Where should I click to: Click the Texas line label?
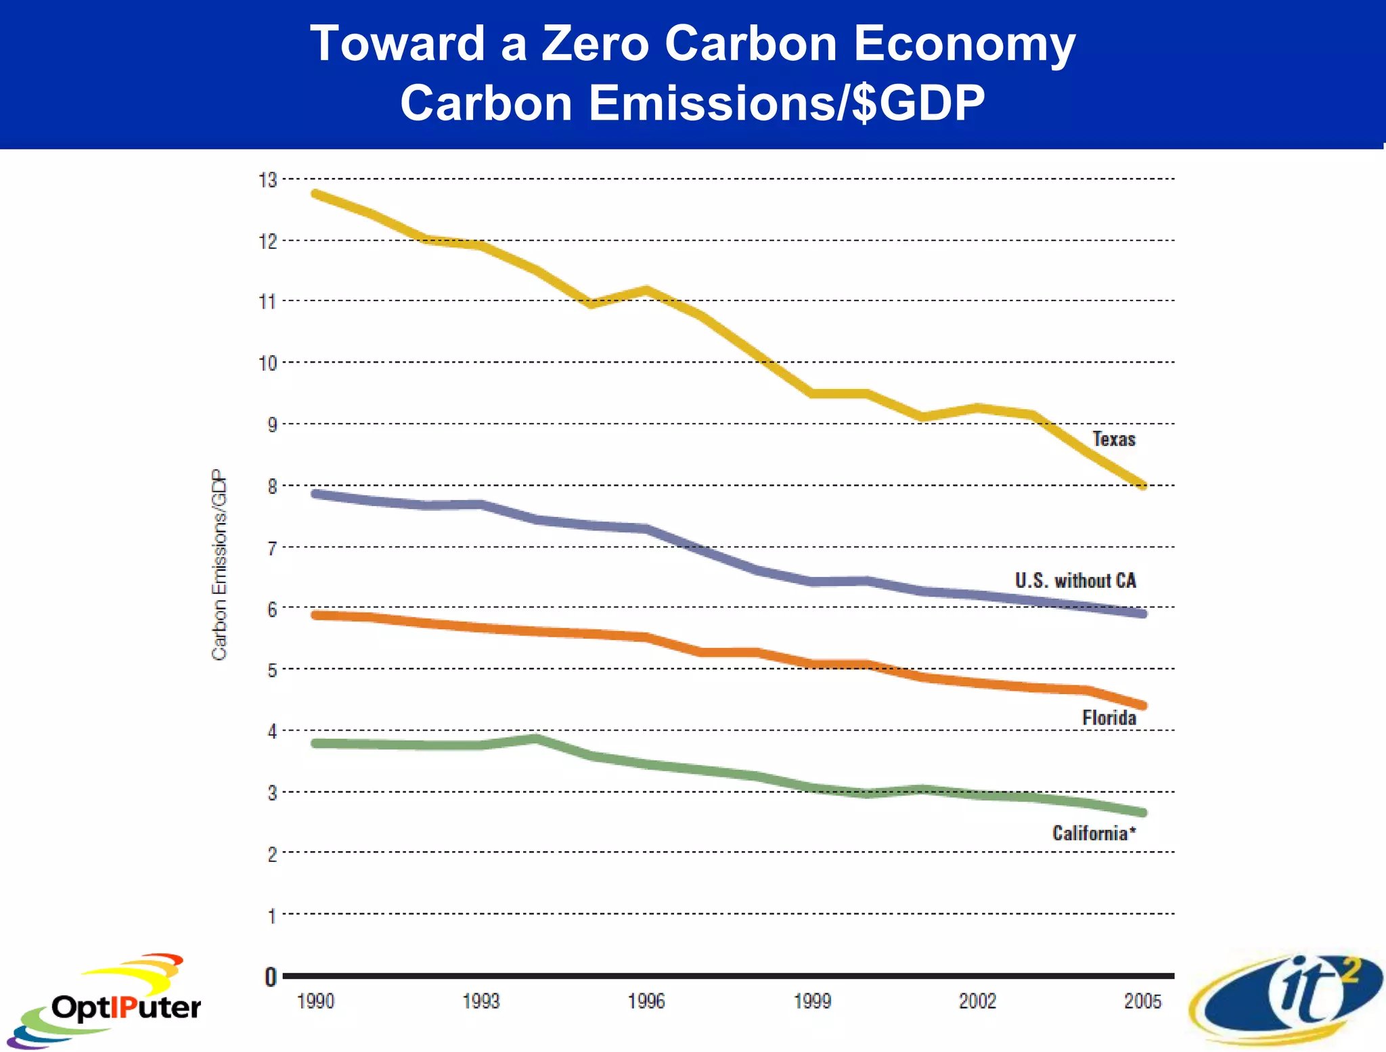(x=1113, y=439)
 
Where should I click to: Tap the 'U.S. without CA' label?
(x=1075, y=580)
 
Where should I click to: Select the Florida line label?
(x=1109, y=718)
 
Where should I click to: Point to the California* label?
(x=1093, y=833)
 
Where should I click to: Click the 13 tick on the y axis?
(x=268, y=180)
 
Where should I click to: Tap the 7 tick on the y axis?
(x=272, y=548)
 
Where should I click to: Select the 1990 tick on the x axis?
(x=315, y=1001)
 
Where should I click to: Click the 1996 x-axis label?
(x=646, y=1001)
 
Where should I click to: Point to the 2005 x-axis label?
(x=1142, y=1001)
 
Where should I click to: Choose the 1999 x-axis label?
(x=812, y=1001)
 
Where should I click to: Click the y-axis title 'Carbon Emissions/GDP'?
(x=219, y=565)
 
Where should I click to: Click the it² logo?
(x=1286, y=998)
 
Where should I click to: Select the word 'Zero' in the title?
(x=595, y=44)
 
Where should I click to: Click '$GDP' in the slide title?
(x=918, y=104)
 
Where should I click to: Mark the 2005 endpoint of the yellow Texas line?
(x=1142, y=485)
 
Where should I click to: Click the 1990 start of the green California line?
(x=315, y=744)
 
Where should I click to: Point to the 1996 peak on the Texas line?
(x=646, y=290)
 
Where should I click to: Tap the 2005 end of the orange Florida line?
(x=1142, y=705)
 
